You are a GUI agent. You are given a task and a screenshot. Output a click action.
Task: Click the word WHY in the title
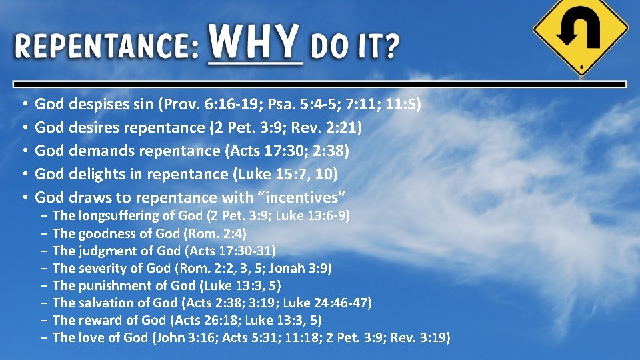tap(255, 42)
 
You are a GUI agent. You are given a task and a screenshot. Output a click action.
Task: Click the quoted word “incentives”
tap(307, 197)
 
